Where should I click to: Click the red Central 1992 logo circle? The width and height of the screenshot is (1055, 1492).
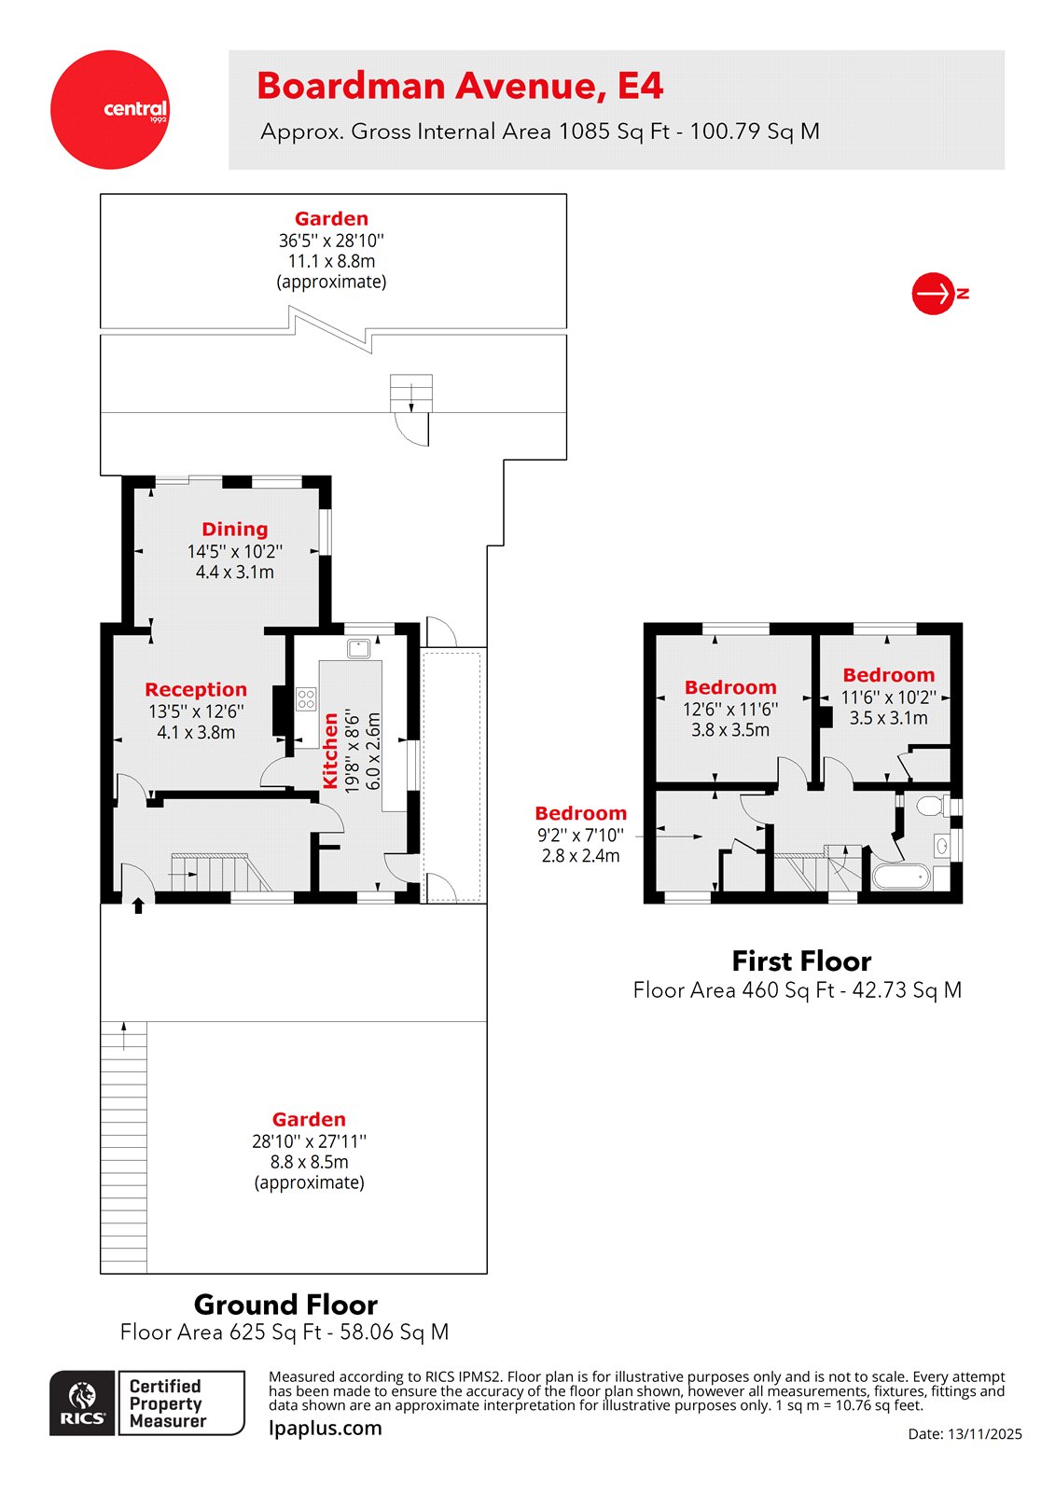coord(110,109)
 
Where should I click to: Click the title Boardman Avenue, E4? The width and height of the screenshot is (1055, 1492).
coord(460,86)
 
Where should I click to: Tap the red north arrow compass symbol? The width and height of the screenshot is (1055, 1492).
coord(932,294)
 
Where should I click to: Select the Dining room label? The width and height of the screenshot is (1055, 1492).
coord(235,529)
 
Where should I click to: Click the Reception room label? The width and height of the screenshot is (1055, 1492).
coord(196,689)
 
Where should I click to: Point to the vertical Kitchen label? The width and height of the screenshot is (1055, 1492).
coord(330,752)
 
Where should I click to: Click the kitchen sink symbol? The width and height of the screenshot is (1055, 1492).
coord(359,647)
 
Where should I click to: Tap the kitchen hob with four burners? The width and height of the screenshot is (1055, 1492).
coord(306,698)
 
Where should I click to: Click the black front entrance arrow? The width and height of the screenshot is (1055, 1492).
coord(139,905)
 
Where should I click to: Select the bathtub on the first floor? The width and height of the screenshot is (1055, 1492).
coord(900,876)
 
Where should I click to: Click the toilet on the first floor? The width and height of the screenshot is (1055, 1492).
coord(931,805)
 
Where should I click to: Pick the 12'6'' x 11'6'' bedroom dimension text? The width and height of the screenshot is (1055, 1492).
coord(730,709)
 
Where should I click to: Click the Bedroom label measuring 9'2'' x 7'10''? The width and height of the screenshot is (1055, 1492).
coord(580,813)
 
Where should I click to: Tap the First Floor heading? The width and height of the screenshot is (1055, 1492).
coord(801,960)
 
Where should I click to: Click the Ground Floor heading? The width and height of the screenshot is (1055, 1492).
coord(285,1304)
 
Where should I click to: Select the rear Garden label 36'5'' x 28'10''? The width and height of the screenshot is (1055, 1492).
coord(331,219)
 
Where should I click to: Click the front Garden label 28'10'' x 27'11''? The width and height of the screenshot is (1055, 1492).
coord(309,1119)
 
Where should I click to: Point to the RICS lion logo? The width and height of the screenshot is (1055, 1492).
coord(82,1402)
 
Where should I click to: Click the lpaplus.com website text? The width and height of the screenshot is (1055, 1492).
coord(325,1428)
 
